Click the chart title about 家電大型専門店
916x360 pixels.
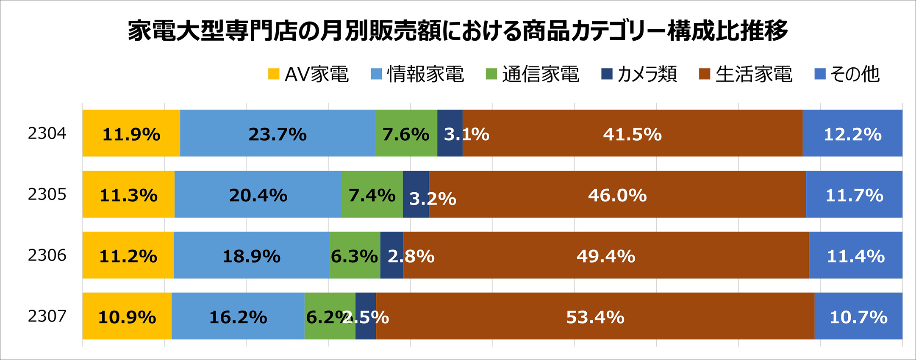point(458,30)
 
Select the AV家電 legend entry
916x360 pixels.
point(308,74)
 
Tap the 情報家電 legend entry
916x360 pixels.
point(417,74)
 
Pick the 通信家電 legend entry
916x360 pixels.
point(533,74)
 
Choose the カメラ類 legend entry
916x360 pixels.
point(639,74)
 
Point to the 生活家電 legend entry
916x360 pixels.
point(746,74)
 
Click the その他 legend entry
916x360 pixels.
point(847,74)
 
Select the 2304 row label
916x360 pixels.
point(47,133)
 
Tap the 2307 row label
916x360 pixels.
point(47,316)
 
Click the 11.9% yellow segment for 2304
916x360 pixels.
point(131,133)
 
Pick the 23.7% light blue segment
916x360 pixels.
point(278,133)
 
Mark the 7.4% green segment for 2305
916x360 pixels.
point(372,194)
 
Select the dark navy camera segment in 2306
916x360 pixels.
point(391,255)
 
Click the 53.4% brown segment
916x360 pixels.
point(595,316)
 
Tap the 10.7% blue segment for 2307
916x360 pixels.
point(858,316)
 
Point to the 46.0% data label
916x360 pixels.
point(617,195)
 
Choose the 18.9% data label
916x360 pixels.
point(251,256)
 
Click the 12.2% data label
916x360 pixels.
point(852,134)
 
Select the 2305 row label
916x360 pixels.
point(47,194)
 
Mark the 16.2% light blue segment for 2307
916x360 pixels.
point(238,316)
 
